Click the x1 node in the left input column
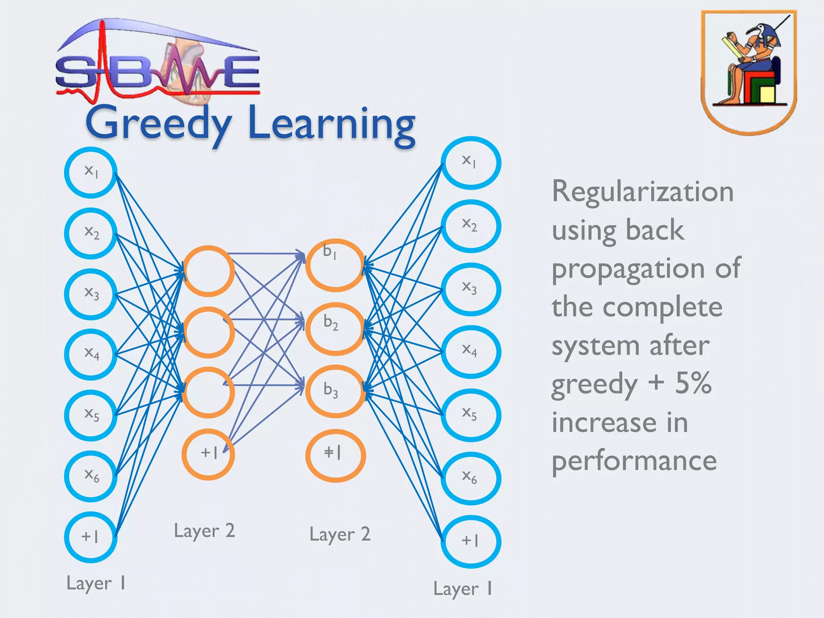tap(91, 172)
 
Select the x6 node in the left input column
tap(91, 476)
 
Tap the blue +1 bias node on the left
tap(91, 537)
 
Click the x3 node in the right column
tap(471, 289)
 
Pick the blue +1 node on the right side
tap(471, 541)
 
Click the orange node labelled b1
tap(336, 265)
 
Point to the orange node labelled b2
tap(336, 328)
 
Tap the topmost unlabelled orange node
tap(208, 271)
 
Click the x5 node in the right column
tap(471, 415)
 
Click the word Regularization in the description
tap(643, 192)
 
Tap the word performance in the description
tap(634, 461)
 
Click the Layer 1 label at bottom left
tap(96, 583)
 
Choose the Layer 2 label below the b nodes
tap(340, 535)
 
